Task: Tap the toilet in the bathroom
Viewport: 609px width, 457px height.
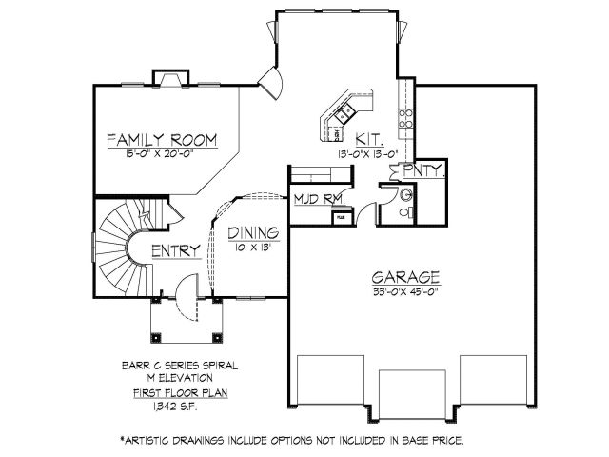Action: pyautogui.click(x=404, y=195)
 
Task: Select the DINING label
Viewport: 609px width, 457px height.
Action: pyautogui.click(x=253, y=231)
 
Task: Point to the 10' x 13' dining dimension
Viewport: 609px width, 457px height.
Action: pyautogui.click(x=253, y=245)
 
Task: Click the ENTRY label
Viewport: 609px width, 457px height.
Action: pyautogui.click(x=174, y=251)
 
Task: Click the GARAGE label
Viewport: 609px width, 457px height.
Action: pyautogui.click(x=405, y=278)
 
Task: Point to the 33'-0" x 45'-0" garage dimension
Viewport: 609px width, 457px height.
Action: pyautogui.click(x=405, y=291)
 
